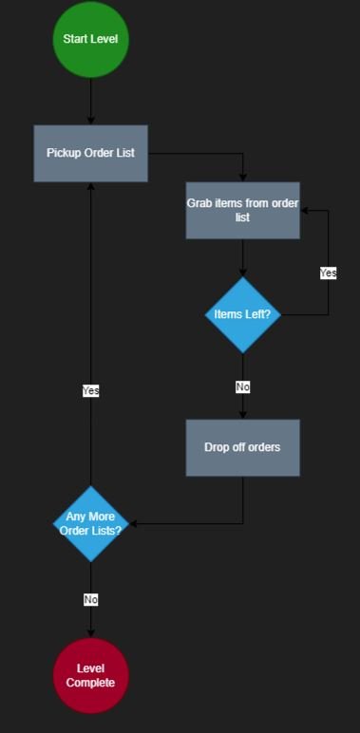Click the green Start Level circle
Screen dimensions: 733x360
(90, 39)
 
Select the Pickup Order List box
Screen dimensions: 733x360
(90, 153)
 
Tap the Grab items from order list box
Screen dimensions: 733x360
(242, 210)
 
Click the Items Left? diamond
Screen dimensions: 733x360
(242, 314)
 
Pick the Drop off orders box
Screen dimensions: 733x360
(242, 447)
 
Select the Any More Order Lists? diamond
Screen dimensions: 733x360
(90, 523)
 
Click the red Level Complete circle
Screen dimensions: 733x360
(90, 675)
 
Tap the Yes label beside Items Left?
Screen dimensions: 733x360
(328, 273)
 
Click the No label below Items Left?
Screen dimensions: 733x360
(242, 386)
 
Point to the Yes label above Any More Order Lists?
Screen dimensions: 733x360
(90, 390)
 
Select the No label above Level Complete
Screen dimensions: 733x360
(90, 599)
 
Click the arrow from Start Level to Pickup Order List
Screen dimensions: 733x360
(90, 100)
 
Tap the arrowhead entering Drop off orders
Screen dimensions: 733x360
(242, 414)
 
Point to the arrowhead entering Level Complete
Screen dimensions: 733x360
(90, 632)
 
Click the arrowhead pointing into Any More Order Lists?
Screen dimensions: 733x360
(134, 523)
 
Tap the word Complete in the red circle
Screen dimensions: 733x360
(90, 683)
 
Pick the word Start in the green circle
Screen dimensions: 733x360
(74, 39)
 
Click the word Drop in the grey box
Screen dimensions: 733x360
(218, 447)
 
